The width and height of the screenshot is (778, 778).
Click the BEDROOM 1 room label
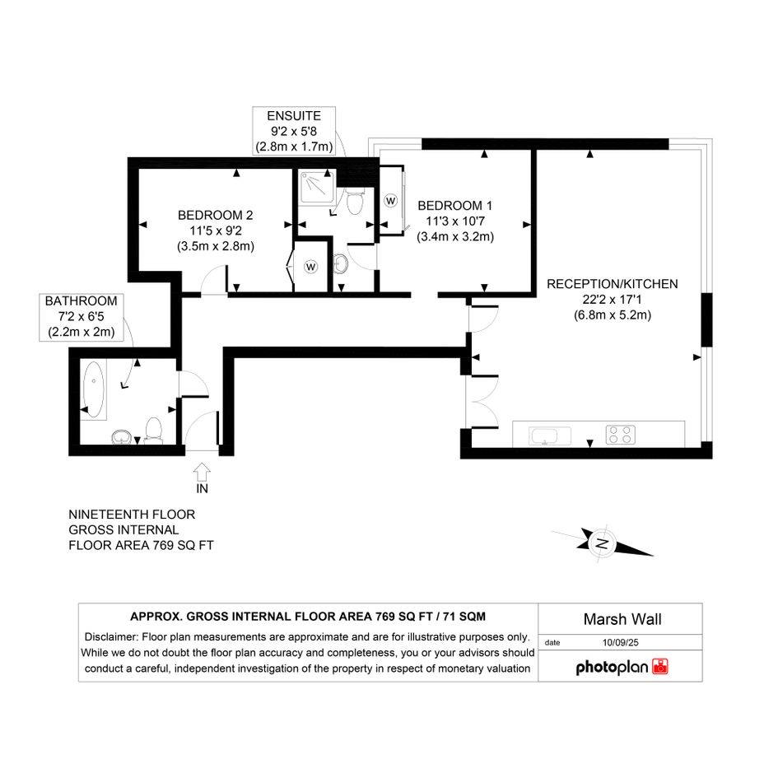tap(455, 206)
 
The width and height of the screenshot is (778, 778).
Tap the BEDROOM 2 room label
tap(216, 216)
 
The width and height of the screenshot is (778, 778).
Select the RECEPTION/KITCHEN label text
tap(613, 284)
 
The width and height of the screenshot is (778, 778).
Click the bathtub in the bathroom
tap(93, 389)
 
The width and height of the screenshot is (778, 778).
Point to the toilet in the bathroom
tap(153, 430)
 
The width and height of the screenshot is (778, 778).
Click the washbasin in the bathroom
tap(121, 436)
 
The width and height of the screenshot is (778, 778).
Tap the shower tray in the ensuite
tap(317, 187)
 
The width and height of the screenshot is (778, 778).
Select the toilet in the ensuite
tap(354, 200)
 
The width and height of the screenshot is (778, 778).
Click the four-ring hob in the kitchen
tap(620, 435)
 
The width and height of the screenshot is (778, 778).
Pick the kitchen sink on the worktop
tap(550, 436)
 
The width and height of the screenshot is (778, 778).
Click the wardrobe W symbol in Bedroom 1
tap(391, 200)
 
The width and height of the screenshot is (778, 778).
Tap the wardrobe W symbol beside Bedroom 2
tap(310, 267)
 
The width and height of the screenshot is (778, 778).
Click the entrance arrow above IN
tap(202, 472)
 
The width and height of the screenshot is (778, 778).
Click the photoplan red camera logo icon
tap(660, 666)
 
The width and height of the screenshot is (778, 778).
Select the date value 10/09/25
tap(620, 642)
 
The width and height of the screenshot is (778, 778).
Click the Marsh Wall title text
tap(622, 619)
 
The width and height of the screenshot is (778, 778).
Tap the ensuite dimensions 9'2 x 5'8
tap(294, 132)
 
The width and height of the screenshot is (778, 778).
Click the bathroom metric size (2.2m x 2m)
tap(82, 332)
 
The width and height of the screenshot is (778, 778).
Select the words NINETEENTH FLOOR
tap(132, 515)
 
